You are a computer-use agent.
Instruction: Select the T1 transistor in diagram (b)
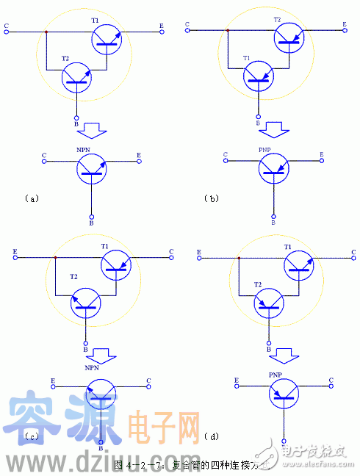(x=260, y=76)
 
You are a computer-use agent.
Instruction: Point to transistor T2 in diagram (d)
(x=270, y=303)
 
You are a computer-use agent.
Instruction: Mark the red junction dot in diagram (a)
(x=46, y=33)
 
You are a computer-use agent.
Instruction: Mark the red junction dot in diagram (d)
(x=237, y=257)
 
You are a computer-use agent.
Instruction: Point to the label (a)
(x=31, y=198)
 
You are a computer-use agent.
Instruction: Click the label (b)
(x=213, y=198)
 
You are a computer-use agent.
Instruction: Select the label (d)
(x=214, y=438)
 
